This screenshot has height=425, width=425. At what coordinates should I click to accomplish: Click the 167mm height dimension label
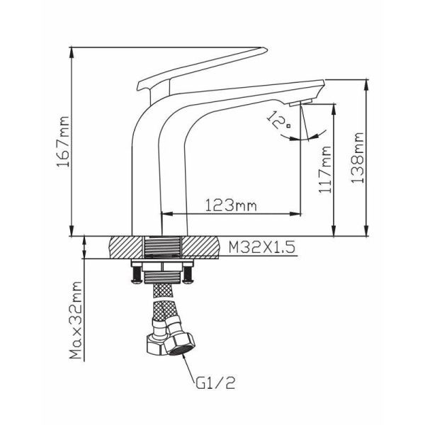pos(64,141)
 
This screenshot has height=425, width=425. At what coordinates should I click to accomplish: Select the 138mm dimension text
pos(357,158)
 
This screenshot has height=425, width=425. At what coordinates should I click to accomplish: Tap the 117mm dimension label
pos(325,169)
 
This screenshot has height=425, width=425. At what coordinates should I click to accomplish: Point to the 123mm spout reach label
pos(231,205)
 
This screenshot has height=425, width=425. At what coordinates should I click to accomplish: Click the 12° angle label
pos(278,120)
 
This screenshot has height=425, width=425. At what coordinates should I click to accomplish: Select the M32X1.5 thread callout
pos(261,247)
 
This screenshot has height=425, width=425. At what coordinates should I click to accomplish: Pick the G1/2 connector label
pos(215,382)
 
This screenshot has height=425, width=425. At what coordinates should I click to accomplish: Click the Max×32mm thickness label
pos(76,320)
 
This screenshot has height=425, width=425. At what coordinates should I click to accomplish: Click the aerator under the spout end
pos(300,103)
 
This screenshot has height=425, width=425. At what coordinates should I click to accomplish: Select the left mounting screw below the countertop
pos(137,275)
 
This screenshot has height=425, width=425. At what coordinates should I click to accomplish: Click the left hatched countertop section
pos(126,247)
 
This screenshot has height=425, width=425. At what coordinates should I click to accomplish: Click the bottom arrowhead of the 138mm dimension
pos(367,231)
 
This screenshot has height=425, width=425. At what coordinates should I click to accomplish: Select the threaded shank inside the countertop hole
pos(161,247)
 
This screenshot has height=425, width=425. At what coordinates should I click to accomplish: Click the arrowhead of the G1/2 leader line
pos(184,358)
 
